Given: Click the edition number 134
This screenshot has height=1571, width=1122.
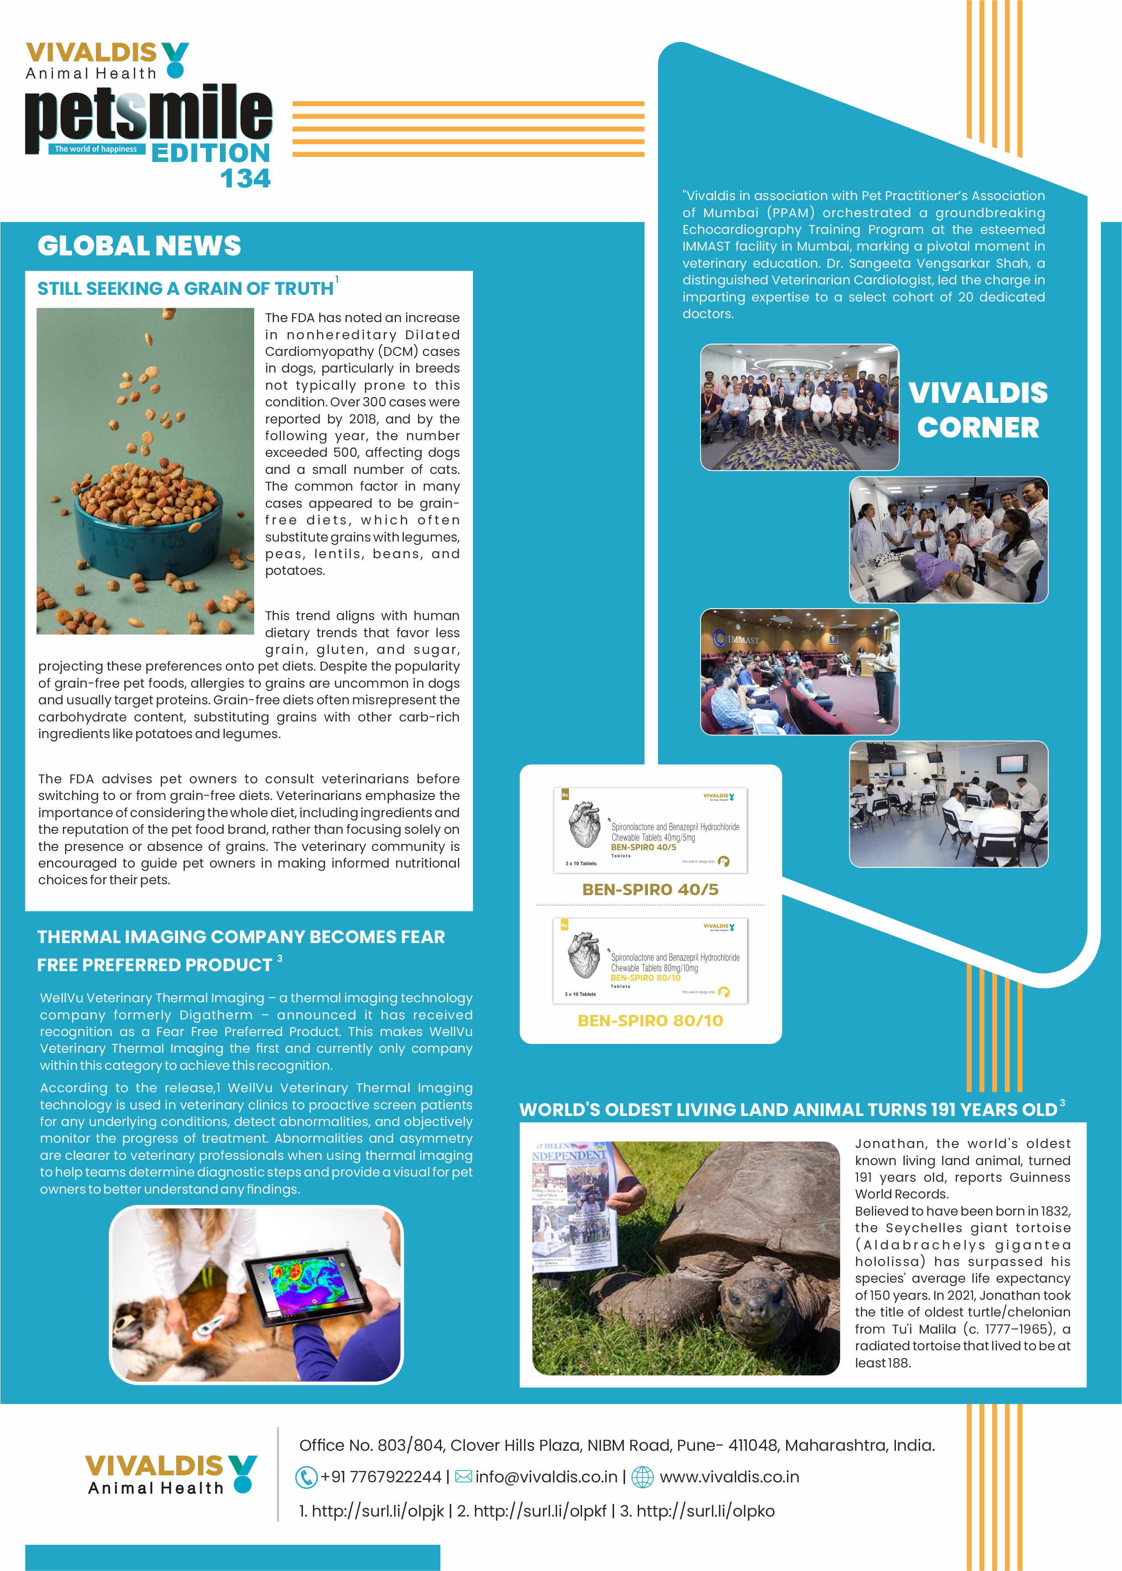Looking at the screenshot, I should [x=245, y=178].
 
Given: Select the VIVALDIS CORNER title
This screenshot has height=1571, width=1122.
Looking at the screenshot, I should [x=978, y=410].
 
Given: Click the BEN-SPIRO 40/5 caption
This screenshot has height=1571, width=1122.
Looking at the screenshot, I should [x=650, y=890].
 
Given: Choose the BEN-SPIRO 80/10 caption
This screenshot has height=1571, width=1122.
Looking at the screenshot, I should [x=650, y=1021].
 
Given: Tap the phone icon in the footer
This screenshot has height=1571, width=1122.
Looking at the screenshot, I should [x=306, y=1477].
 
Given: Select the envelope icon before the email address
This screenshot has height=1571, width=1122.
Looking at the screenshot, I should [x=464, y=1476].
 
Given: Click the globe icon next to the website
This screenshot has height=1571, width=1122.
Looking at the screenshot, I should [x=643, y=1477].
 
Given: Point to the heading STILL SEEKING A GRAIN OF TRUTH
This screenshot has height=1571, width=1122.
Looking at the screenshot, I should [x=185, y=289].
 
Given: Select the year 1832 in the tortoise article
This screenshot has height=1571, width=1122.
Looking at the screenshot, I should [x=1054, y=1211].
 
